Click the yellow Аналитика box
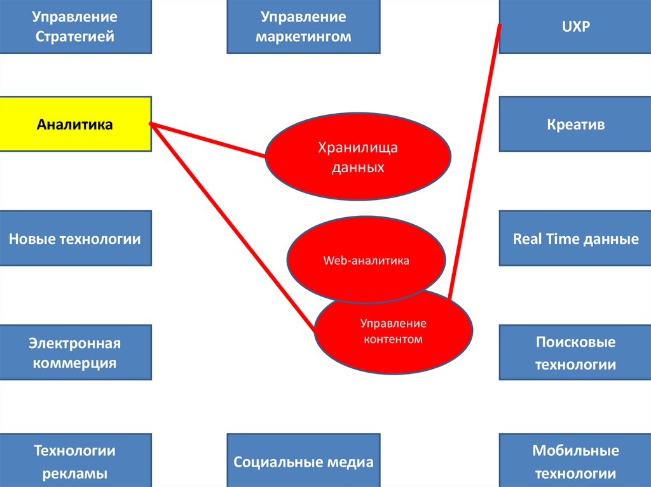point(75,124)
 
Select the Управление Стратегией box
point(75,26)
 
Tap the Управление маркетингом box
point(303,26)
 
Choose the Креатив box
point(575,124)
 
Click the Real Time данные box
point(575,239)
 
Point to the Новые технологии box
point(75,239)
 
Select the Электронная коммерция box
point(75,352)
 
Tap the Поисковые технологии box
point(575,352)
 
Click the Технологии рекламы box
point(75,461)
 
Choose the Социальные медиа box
point(303,461)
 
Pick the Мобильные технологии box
point(575,461)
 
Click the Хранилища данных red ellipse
point(357,157)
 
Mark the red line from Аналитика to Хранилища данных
point(207,140)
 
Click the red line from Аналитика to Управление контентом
point(232,227)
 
